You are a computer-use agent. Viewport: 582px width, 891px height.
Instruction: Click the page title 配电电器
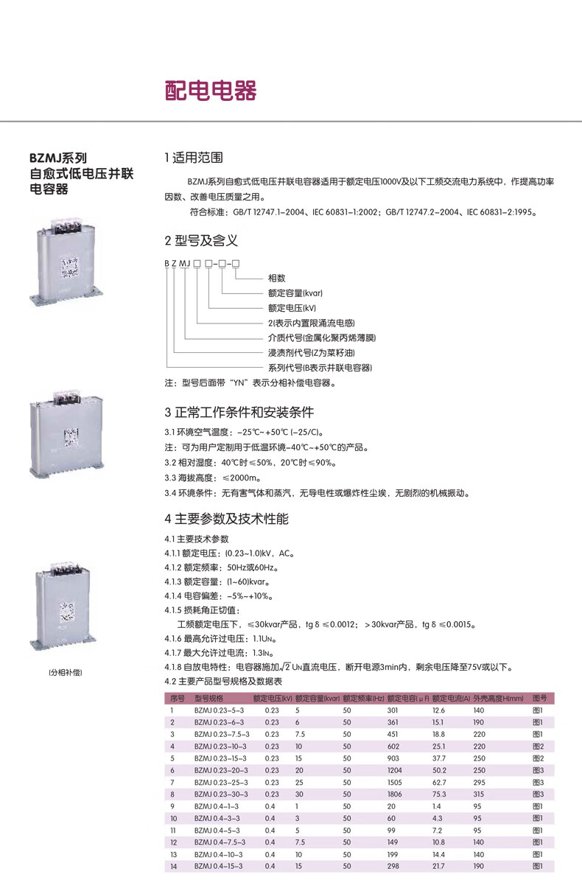coord(210,91)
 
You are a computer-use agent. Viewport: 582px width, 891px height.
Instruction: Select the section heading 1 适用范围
coord(194,158)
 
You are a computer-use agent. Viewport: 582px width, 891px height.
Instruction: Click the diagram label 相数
coord(276,279)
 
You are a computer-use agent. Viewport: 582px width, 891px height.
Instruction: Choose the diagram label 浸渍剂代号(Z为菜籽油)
coord(307,352)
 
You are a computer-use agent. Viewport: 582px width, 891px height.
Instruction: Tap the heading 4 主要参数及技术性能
coord(227,519)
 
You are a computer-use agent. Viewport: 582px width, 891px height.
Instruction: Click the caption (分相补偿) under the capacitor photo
coord(65,672)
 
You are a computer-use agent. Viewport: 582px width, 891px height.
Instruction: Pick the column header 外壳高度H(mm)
coord(498,698)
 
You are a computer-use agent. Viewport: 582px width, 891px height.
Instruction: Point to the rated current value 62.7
coord(439,782)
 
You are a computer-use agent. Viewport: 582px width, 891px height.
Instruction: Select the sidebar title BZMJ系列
coord(58,158)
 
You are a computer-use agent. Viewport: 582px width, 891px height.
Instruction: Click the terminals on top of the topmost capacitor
coord(64,221)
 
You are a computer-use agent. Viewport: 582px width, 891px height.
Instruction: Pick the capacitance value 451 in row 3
coord(393,734)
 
